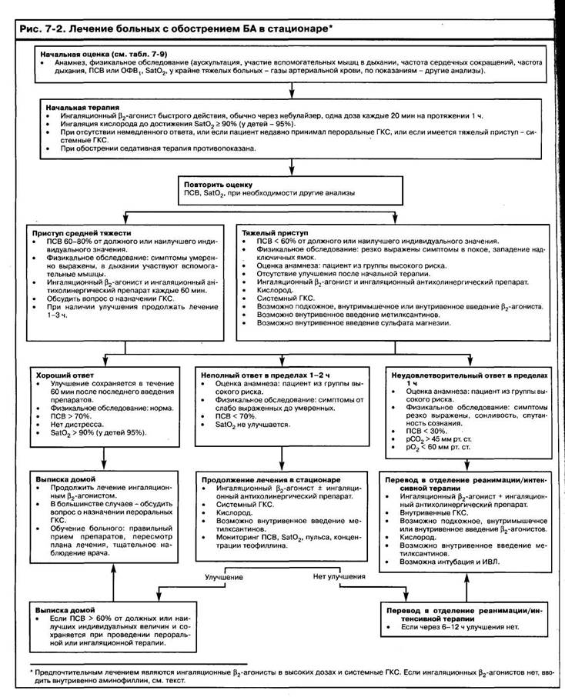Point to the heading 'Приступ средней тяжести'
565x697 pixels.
(x=82, y=232)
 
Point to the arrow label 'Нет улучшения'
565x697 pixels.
(x=339, y=575)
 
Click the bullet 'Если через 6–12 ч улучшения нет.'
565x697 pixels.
(x=461, y=626)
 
